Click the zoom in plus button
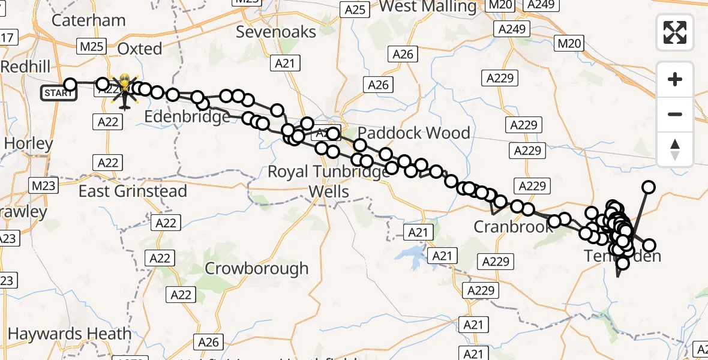tap(675, 79)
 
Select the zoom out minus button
tap(675, 114)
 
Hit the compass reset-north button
tap(675, 149)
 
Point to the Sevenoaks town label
tap(276, 31)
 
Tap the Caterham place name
tap(89, 20)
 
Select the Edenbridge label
tap(187, 116)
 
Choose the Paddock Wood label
tap(414, 133)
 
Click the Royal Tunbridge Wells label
tap(328, 181)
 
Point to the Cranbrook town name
tap(513, 227)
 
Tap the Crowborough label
tap(257, 268)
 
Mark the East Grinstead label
tap(133, 191)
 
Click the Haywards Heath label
tap(70, 334)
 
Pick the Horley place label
tap(28, 143)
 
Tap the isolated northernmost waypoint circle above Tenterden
tap(649, 187)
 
